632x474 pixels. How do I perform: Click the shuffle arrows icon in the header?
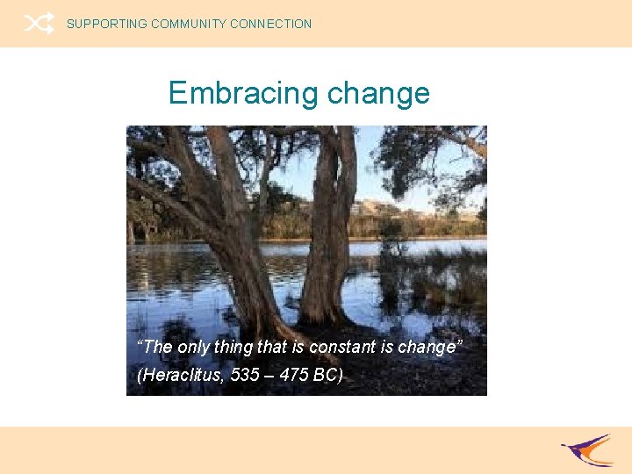[x=39, y=24]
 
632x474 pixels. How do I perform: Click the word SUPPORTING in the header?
[x=107, y=25]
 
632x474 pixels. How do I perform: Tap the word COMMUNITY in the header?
[x=189, y=25]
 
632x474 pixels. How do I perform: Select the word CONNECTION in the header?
[x=271, y=25]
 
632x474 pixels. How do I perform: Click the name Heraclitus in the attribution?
[x=182, y=376]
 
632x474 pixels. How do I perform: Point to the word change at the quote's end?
[x=427, y=347]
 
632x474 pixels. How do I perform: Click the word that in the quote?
[x=271, y=347]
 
